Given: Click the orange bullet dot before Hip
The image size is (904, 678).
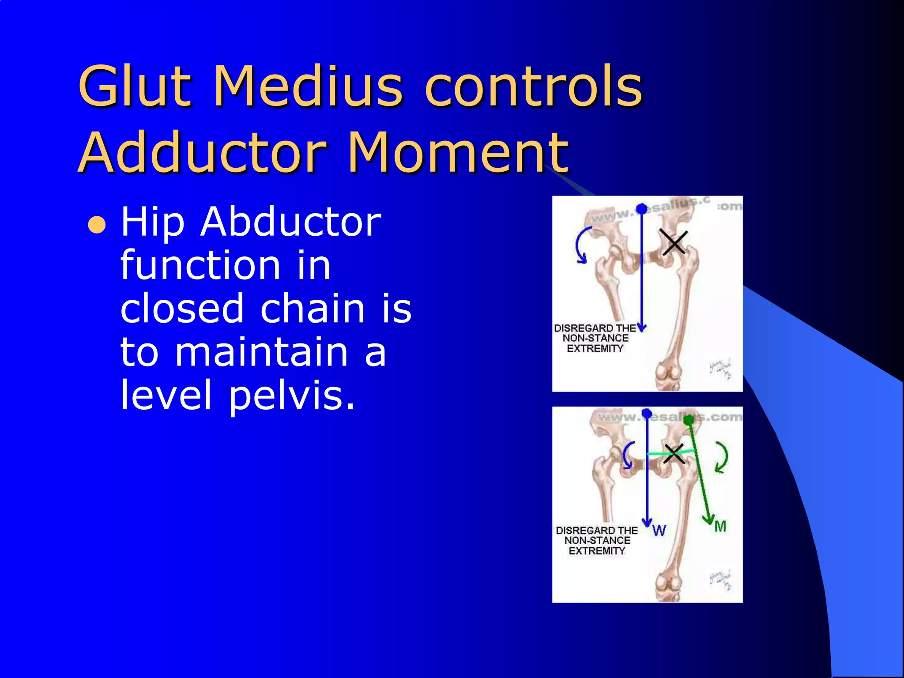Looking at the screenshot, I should click(97, 225).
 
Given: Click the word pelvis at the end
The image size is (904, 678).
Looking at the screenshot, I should click(291, 395).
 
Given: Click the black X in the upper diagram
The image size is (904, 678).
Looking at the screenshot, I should click(674, 242).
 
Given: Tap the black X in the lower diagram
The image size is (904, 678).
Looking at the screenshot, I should click(674, 453).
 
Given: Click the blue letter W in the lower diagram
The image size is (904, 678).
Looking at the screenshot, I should click(659, 530).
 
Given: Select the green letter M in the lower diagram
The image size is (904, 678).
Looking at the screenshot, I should click(720, 526).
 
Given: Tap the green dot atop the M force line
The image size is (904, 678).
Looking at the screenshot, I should click(689, 420).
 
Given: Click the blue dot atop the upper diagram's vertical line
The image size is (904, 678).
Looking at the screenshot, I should click(642, 208).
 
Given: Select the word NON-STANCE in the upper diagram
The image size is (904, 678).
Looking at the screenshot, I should click(595, 338).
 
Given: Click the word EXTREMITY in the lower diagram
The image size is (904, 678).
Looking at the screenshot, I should click(597, 551).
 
